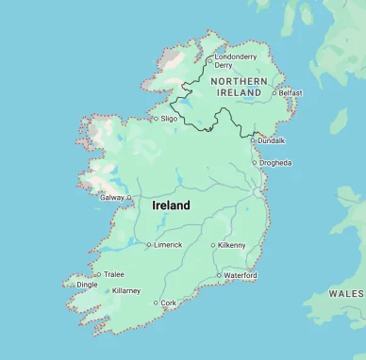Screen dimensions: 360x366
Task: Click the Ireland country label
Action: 171,205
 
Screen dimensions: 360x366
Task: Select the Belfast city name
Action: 291,93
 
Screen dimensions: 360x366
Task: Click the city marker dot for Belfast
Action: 274,93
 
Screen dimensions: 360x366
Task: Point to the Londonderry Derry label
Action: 235,61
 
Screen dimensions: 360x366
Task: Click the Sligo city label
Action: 169,119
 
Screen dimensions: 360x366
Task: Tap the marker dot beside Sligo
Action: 156,119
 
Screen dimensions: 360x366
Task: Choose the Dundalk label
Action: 273,140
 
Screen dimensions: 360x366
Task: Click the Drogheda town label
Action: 275,162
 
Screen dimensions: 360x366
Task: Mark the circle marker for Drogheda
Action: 254,162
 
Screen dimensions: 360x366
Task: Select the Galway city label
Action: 111,198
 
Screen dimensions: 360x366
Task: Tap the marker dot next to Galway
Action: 127,198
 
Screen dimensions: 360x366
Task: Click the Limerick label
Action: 168,245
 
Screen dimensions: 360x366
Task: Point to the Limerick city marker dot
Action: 148,245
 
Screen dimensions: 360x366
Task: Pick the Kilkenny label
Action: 231,245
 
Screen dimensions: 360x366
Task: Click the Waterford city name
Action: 241,275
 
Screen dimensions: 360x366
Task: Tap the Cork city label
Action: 169,303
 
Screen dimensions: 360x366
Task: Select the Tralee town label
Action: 113,274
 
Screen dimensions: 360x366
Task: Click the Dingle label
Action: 87,285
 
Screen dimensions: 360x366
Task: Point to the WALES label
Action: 345,294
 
